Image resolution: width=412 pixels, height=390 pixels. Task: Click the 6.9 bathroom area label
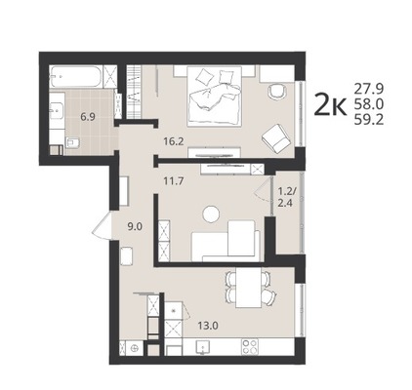(88, 117)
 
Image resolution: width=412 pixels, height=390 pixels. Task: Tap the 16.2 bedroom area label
(174, 141)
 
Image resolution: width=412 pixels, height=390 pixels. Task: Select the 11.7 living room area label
(174, 180)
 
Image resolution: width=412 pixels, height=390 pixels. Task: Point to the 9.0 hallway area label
(135, 226)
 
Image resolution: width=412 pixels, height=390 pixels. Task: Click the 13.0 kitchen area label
(208, 326)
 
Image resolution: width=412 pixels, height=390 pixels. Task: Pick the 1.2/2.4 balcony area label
(285, 198)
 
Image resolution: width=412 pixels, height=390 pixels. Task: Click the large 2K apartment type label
(330, 104)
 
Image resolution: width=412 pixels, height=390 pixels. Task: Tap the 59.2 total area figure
(369, 120)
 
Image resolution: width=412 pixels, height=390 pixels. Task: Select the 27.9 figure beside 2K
(369, 88)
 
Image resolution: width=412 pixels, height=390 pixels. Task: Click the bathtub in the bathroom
(76, 76)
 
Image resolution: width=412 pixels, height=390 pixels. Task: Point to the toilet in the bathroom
(72, 142)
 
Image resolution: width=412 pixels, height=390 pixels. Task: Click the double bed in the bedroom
(215, 97)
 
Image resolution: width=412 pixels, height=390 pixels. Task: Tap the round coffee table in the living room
(212, 214)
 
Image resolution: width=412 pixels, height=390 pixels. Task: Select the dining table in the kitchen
(249, 288)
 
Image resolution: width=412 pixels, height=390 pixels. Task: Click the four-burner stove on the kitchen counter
(250, 346)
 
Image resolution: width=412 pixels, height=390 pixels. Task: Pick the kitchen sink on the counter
(202, 346)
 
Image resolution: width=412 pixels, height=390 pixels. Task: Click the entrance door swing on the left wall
(103, 226)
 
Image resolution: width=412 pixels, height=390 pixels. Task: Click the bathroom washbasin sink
(57, 110)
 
